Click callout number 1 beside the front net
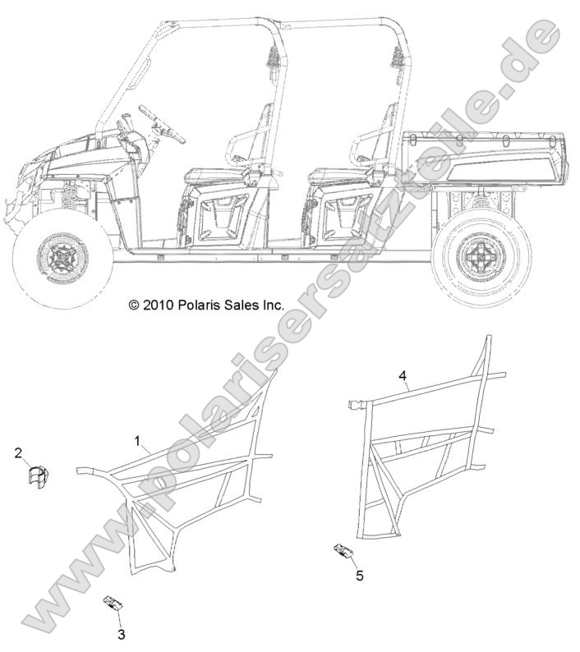137,441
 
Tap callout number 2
18,452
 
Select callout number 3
122,635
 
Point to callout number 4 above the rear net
402,375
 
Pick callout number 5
360,576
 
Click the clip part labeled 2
38,475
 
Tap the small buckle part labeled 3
112,602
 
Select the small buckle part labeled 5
344,551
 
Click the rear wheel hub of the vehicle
481,255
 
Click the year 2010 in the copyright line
157,305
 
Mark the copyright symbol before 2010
134,306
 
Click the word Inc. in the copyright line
274,305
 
